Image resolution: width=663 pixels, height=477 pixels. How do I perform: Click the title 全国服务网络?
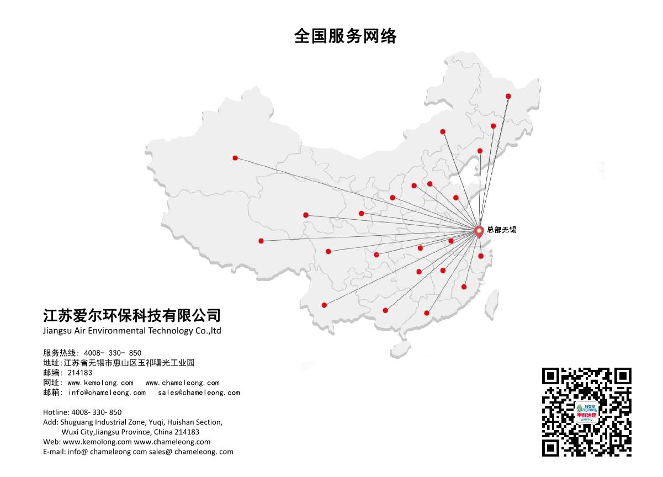(x=346, y=36)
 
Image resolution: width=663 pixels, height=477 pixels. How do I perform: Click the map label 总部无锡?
(x=501, y=230)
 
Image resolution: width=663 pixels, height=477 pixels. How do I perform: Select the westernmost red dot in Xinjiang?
(x=235, y=158)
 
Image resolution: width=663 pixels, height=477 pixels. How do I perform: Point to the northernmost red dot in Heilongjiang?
(x=508, y=96)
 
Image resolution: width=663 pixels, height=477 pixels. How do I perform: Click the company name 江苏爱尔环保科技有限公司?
(x=132, y=315)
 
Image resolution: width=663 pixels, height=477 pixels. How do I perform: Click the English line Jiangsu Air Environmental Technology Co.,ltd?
(x=132, y=331)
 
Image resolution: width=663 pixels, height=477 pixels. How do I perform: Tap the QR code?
(x=586, y=411)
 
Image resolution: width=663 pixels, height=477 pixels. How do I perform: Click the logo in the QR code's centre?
(x=586, y=412)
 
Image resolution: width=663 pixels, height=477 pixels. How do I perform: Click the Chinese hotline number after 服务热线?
(x=113, y=353)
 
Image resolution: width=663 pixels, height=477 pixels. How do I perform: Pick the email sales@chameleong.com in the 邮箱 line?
(x=199, y=393)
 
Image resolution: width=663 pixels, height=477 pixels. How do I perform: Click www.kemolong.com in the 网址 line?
(x=100, y=383)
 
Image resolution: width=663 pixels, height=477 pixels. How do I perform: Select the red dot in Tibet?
(x=261, y=241)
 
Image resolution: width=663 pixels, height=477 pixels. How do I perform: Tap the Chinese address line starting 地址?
(x=119, y=363)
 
